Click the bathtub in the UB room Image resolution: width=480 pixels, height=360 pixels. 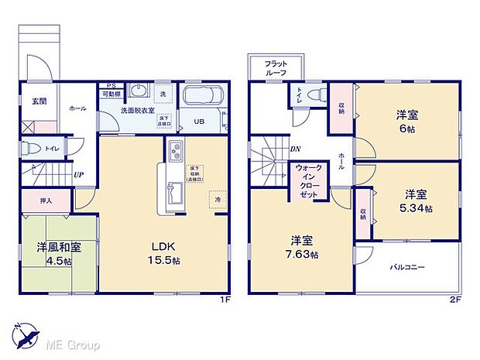pyautogui.click(x=203, y=98)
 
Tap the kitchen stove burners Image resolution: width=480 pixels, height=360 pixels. pyautogui.click(x=175, y=151)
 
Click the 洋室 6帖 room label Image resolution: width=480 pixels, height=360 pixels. pyautogui.click(x=408, y=121)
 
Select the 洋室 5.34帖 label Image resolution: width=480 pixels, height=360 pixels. pyautogui.click(x=417, y=201)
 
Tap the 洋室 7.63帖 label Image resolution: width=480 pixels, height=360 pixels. pyautogui.click(x=303, y=247)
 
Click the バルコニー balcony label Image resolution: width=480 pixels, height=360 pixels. pyautogui.click(x=408, y=268)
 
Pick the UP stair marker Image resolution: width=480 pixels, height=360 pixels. pyautogui.click(x=79, y=175)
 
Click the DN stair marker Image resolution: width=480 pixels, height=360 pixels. pyautogui.click(x=295, y=149)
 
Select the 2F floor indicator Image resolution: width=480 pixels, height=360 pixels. pyautogui.click(x=454, y=300)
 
